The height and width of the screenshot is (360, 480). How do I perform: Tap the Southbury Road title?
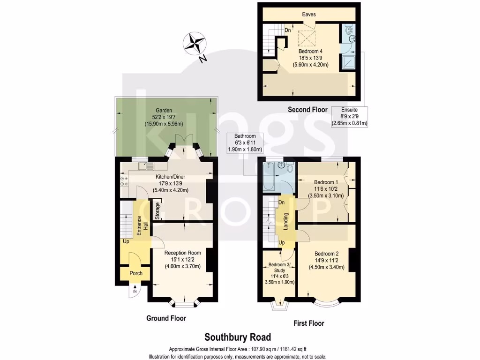coord(238,337)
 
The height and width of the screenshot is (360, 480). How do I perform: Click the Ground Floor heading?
coord(166,318)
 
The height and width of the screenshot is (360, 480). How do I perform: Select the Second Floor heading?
coord(307,110)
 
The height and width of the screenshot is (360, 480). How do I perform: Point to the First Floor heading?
coord(308,323)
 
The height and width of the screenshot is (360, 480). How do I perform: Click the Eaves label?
coord(308,15)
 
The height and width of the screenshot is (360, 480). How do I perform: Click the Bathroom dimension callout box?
coord(246,142)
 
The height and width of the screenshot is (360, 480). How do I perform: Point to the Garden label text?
coord(164,112)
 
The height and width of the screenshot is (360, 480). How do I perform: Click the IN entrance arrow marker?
coord(135,290)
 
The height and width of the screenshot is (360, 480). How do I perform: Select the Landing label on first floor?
coord(285,221)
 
